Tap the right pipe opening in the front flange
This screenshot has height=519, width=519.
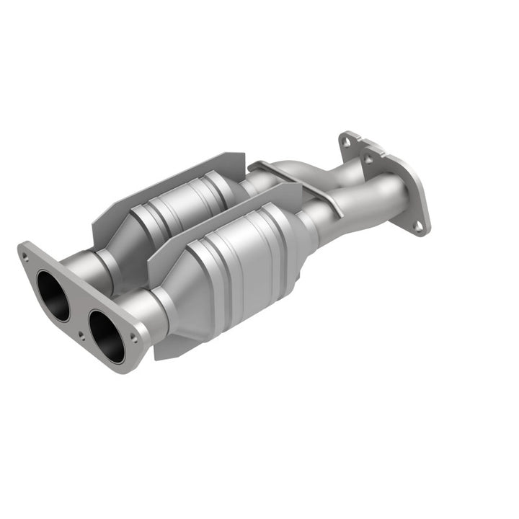[x=107, y=336]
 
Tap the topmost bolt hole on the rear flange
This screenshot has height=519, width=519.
[x=347, y=142]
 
